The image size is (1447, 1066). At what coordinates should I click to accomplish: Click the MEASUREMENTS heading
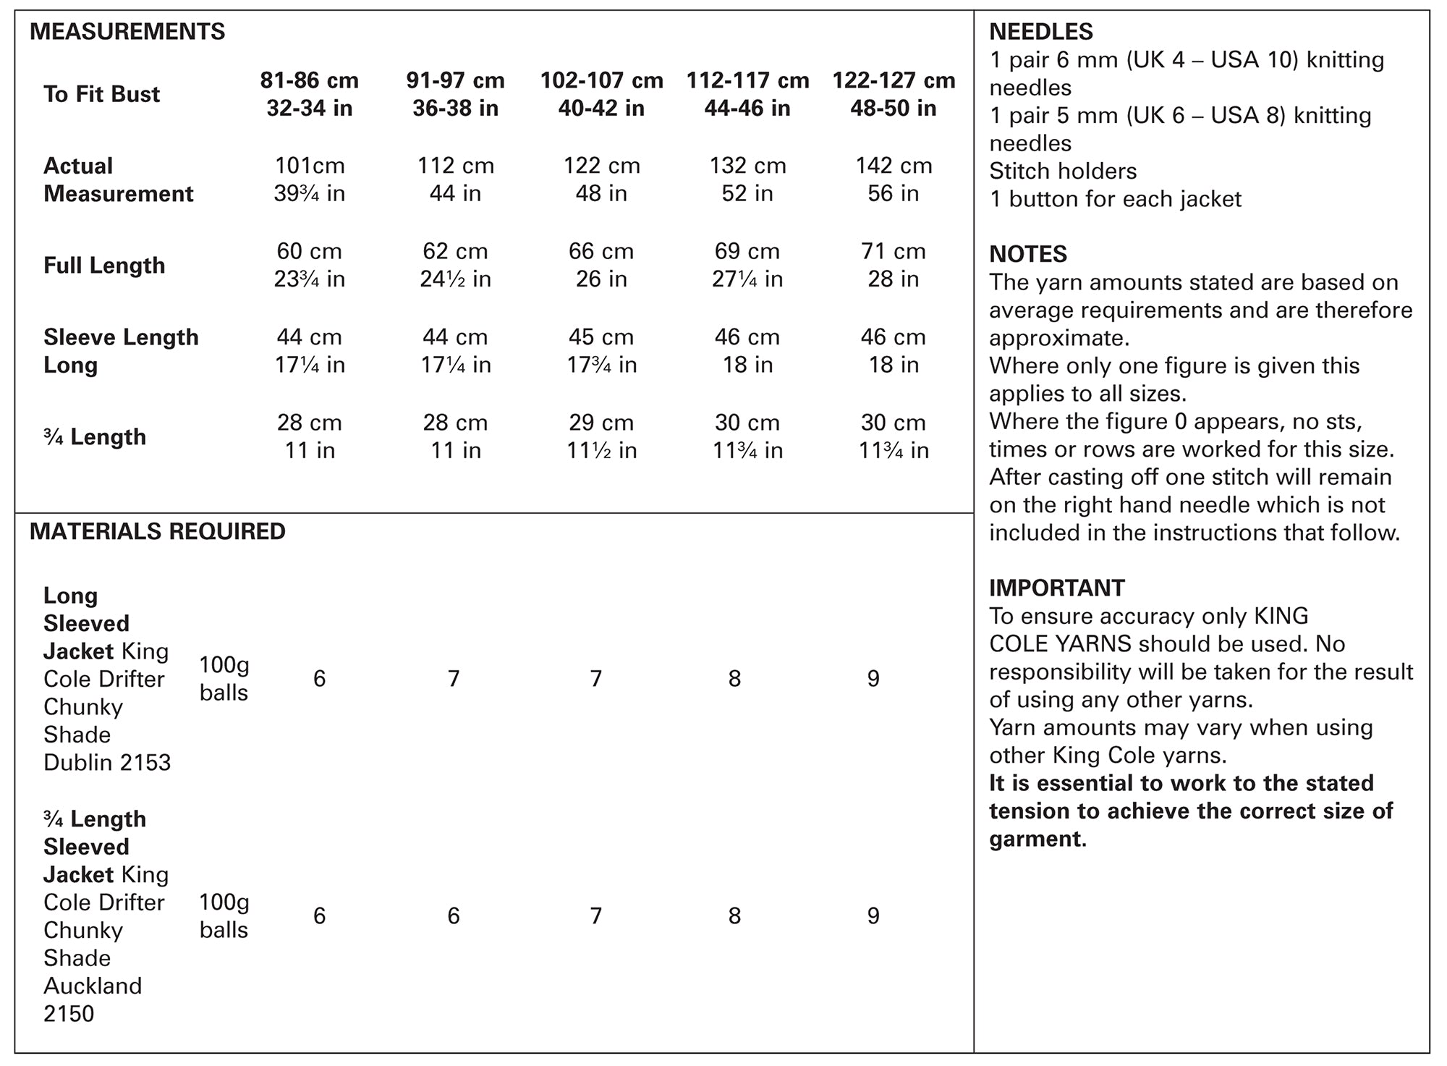(x=127, y=32)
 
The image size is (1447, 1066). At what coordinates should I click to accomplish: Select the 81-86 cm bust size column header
(x=310, y=94)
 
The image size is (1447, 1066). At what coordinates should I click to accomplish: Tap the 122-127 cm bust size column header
(x=894, y=94)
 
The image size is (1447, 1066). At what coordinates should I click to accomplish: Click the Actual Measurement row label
(x=118, y=179)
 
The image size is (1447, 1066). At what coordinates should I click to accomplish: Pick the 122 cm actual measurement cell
(x=601, y=166)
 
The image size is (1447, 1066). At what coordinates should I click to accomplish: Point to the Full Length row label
(x=104, y=266)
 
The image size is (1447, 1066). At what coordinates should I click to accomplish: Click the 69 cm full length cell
(x=747, y=252)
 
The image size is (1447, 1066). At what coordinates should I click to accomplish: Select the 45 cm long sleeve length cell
(x=601, y=337)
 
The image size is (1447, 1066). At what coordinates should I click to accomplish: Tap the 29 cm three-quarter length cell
(x=601, y=423)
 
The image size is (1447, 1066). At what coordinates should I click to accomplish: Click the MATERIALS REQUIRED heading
(x=158, y=531)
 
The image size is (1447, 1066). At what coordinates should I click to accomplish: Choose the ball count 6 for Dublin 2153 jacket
(x=319, y=679)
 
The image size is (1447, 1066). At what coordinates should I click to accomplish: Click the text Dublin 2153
(x=107, y=763)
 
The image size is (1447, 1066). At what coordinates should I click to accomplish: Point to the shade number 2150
(x=69, y=1014)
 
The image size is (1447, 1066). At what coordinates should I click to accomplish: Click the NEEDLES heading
(x=1041, y=32)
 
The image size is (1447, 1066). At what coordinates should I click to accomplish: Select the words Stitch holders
(x=1063, y=172)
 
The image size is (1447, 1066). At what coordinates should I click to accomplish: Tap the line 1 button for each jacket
(x=1115, y=199)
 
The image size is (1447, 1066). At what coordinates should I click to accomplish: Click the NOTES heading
(x=1028, y=254)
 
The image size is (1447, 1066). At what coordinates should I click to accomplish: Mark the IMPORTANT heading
(x=1057, y=588)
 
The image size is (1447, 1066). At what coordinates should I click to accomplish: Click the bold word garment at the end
(x=1036, y=839)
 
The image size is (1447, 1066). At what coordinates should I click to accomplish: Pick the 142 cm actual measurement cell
(x=894, y=166)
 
